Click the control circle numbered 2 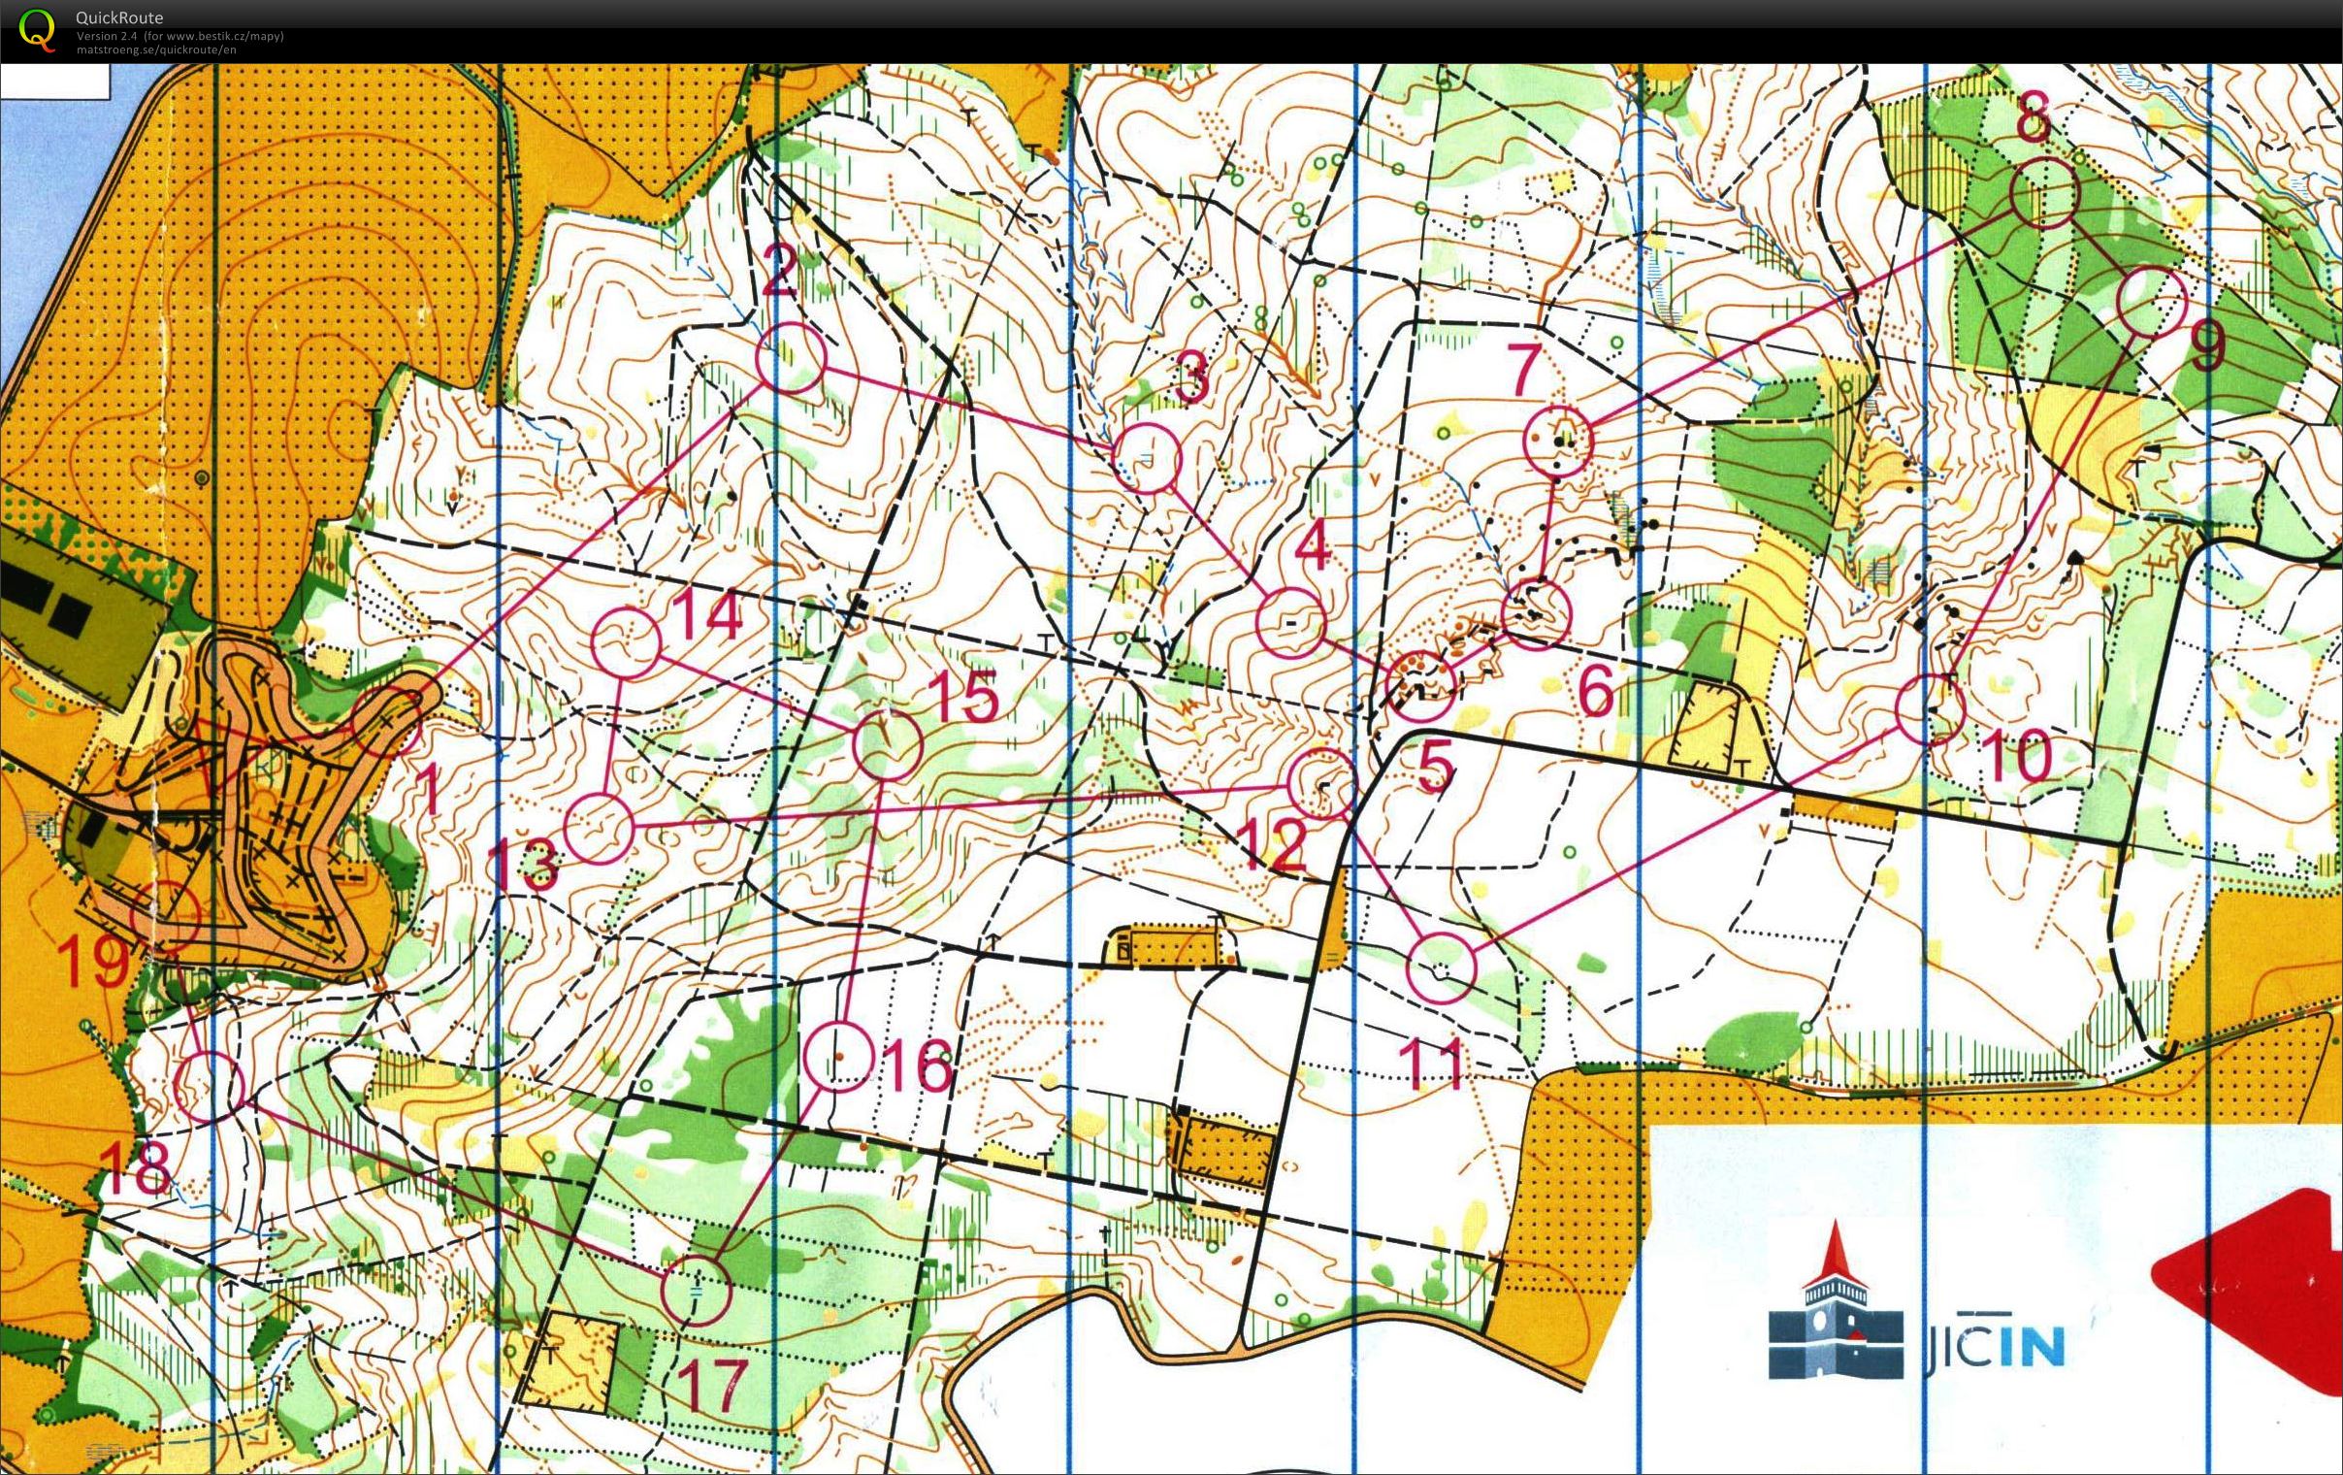click(x=790, y=358)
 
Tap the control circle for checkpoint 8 click(x=2043, y=194)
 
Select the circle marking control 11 click(x=1442, y=967)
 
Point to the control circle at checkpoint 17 click(x=696, y=1290)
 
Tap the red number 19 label click(x=94, y=962)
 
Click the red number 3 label click(x=1191, y=377)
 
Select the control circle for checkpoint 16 click(x=838, y=1057)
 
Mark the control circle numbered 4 click(x=1290, y=622)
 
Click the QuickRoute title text click(x=118, y=17)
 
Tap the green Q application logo click(x=37, y=29)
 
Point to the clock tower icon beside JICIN click(x=1834, y=1304)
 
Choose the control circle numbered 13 click(x=599, y=828)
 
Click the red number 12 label click(x=1276, y=844)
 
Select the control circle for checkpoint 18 click(x=209, y=1087)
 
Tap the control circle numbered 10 click(x=1931, y=709)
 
